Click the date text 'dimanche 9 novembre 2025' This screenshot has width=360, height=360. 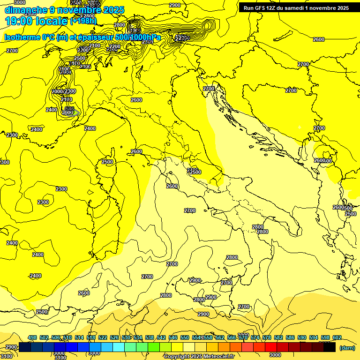(64, 10)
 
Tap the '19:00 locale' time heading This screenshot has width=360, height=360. (37, 21)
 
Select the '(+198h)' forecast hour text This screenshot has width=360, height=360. (83, 21)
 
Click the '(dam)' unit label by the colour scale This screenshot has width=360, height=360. (346, 348)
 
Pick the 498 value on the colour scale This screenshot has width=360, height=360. (32, 337)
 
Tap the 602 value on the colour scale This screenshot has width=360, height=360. (337, 337)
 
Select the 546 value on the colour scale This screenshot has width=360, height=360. (173, 337)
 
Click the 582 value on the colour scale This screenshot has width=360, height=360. (278, 337)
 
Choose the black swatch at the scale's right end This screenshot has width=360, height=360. (330, 347)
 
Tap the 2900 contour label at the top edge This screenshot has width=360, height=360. (174, 5)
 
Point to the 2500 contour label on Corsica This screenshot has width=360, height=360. (107, 162)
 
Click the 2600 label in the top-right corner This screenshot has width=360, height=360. (319, 39)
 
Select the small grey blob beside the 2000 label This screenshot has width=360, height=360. (75, 112)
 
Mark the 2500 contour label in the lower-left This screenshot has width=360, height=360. (42, 312)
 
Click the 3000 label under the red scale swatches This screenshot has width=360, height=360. (276, 355)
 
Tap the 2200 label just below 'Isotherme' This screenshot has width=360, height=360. (83, 50)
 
